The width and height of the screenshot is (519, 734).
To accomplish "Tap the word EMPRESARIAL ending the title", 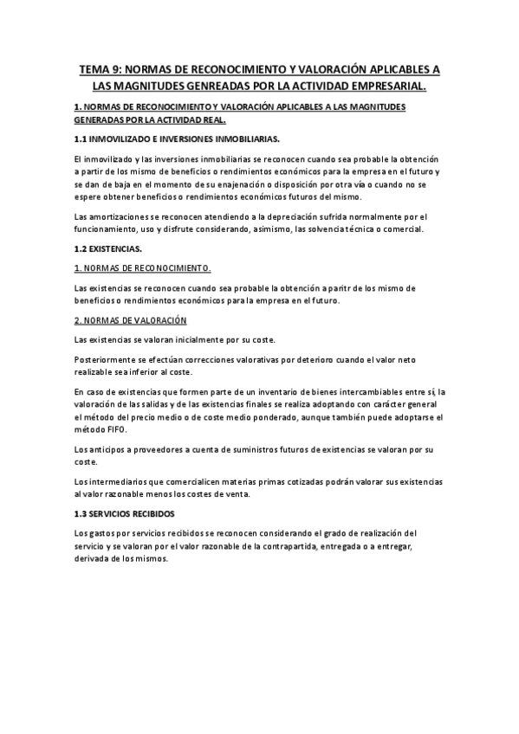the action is click(x=386, y=87).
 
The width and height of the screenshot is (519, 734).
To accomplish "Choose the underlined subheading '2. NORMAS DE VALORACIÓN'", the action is click(x=131, y=320).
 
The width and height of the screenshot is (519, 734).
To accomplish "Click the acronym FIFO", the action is click(x=115, y=429).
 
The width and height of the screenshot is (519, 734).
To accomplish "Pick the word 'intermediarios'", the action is click(x=119, y=481).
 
